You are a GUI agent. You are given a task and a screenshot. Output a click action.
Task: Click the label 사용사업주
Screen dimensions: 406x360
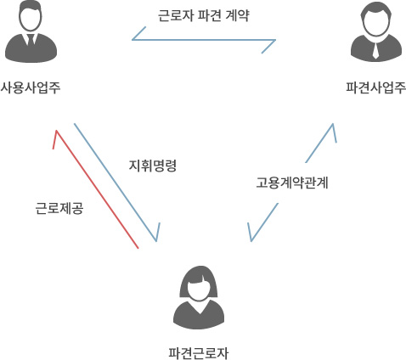(x=31, y=87)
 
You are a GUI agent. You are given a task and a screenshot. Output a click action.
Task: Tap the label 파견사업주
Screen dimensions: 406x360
(x=375, y=87)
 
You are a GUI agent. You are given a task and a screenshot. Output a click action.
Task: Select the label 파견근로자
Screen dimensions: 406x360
(x=198, y=353)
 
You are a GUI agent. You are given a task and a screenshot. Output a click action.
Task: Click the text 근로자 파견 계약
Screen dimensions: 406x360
(x=204, y=15)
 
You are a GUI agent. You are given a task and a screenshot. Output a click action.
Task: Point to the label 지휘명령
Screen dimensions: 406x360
(x=153, y=166)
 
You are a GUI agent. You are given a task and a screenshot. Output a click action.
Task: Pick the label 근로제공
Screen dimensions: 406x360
(x=59, y=209)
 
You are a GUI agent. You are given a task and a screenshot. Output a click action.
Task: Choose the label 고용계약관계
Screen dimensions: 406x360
(x=292, y=183)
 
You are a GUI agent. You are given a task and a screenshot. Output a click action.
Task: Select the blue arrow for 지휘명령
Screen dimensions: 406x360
(x=116, y=183)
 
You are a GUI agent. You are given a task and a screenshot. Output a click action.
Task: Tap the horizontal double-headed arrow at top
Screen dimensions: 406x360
(x=204, y=40)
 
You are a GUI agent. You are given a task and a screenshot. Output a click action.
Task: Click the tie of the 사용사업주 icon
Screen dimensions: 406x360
(x=31, y=40)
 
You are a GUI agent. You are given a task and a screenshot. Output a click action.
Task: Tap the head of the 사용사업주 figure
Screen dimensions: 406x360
(x=31, y=16)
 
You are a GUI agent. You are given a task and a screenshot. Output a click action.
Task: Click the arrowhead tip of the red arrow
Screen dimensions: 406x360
(x=57, y=131)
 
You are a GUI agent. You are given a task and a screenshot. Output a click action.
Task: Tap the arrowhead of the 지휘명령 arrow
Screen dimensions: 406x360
(x=156, y=241)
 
